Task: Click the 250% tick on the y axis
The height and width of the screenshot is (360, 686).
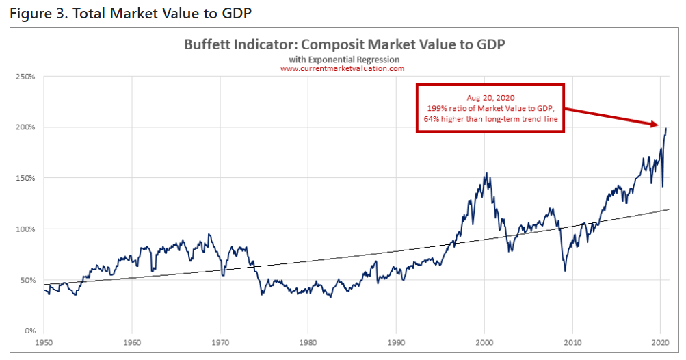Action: (26, 76)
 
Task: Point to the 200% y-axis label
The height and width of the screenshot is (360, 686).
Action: (26, 127)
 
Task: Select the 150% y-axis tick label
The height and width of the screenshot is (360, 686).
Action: (26, 178)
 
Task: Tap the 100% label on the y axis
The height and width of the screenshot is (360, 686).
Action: (26, 229)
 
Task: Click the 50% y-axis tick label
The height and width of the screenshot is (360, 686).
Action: (27, 280)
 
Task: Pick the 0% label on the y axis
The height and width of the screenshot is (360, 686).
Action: (29, 331)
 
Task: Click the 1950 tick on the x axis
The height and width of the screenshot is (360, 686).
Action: (44, 341)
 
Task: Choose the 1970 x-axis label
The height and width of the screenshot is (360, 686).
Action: (220, 341)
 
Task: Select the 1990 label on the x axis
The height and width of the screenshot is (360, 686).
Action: (396, 341)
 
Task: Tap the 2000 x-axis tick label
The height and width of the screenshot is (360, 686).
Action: (484, 341)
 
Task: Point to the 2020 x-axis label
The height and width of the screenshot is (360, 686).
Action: (660, 341)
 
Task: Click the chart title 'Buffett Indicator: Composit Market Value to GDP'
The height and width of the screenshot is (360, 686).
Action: (344, 45)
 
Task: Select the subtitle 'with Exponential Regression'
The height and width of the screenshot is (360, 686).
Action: (343, 60)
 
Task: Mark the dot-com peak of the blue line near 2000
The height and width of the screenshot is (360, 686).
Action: (487, 173)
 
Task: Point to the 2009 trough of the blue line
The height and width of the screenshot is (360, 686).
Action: (564, 270)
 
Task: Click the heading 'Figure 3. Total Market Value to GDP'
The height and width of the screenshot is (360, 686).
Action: (127, 14)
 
